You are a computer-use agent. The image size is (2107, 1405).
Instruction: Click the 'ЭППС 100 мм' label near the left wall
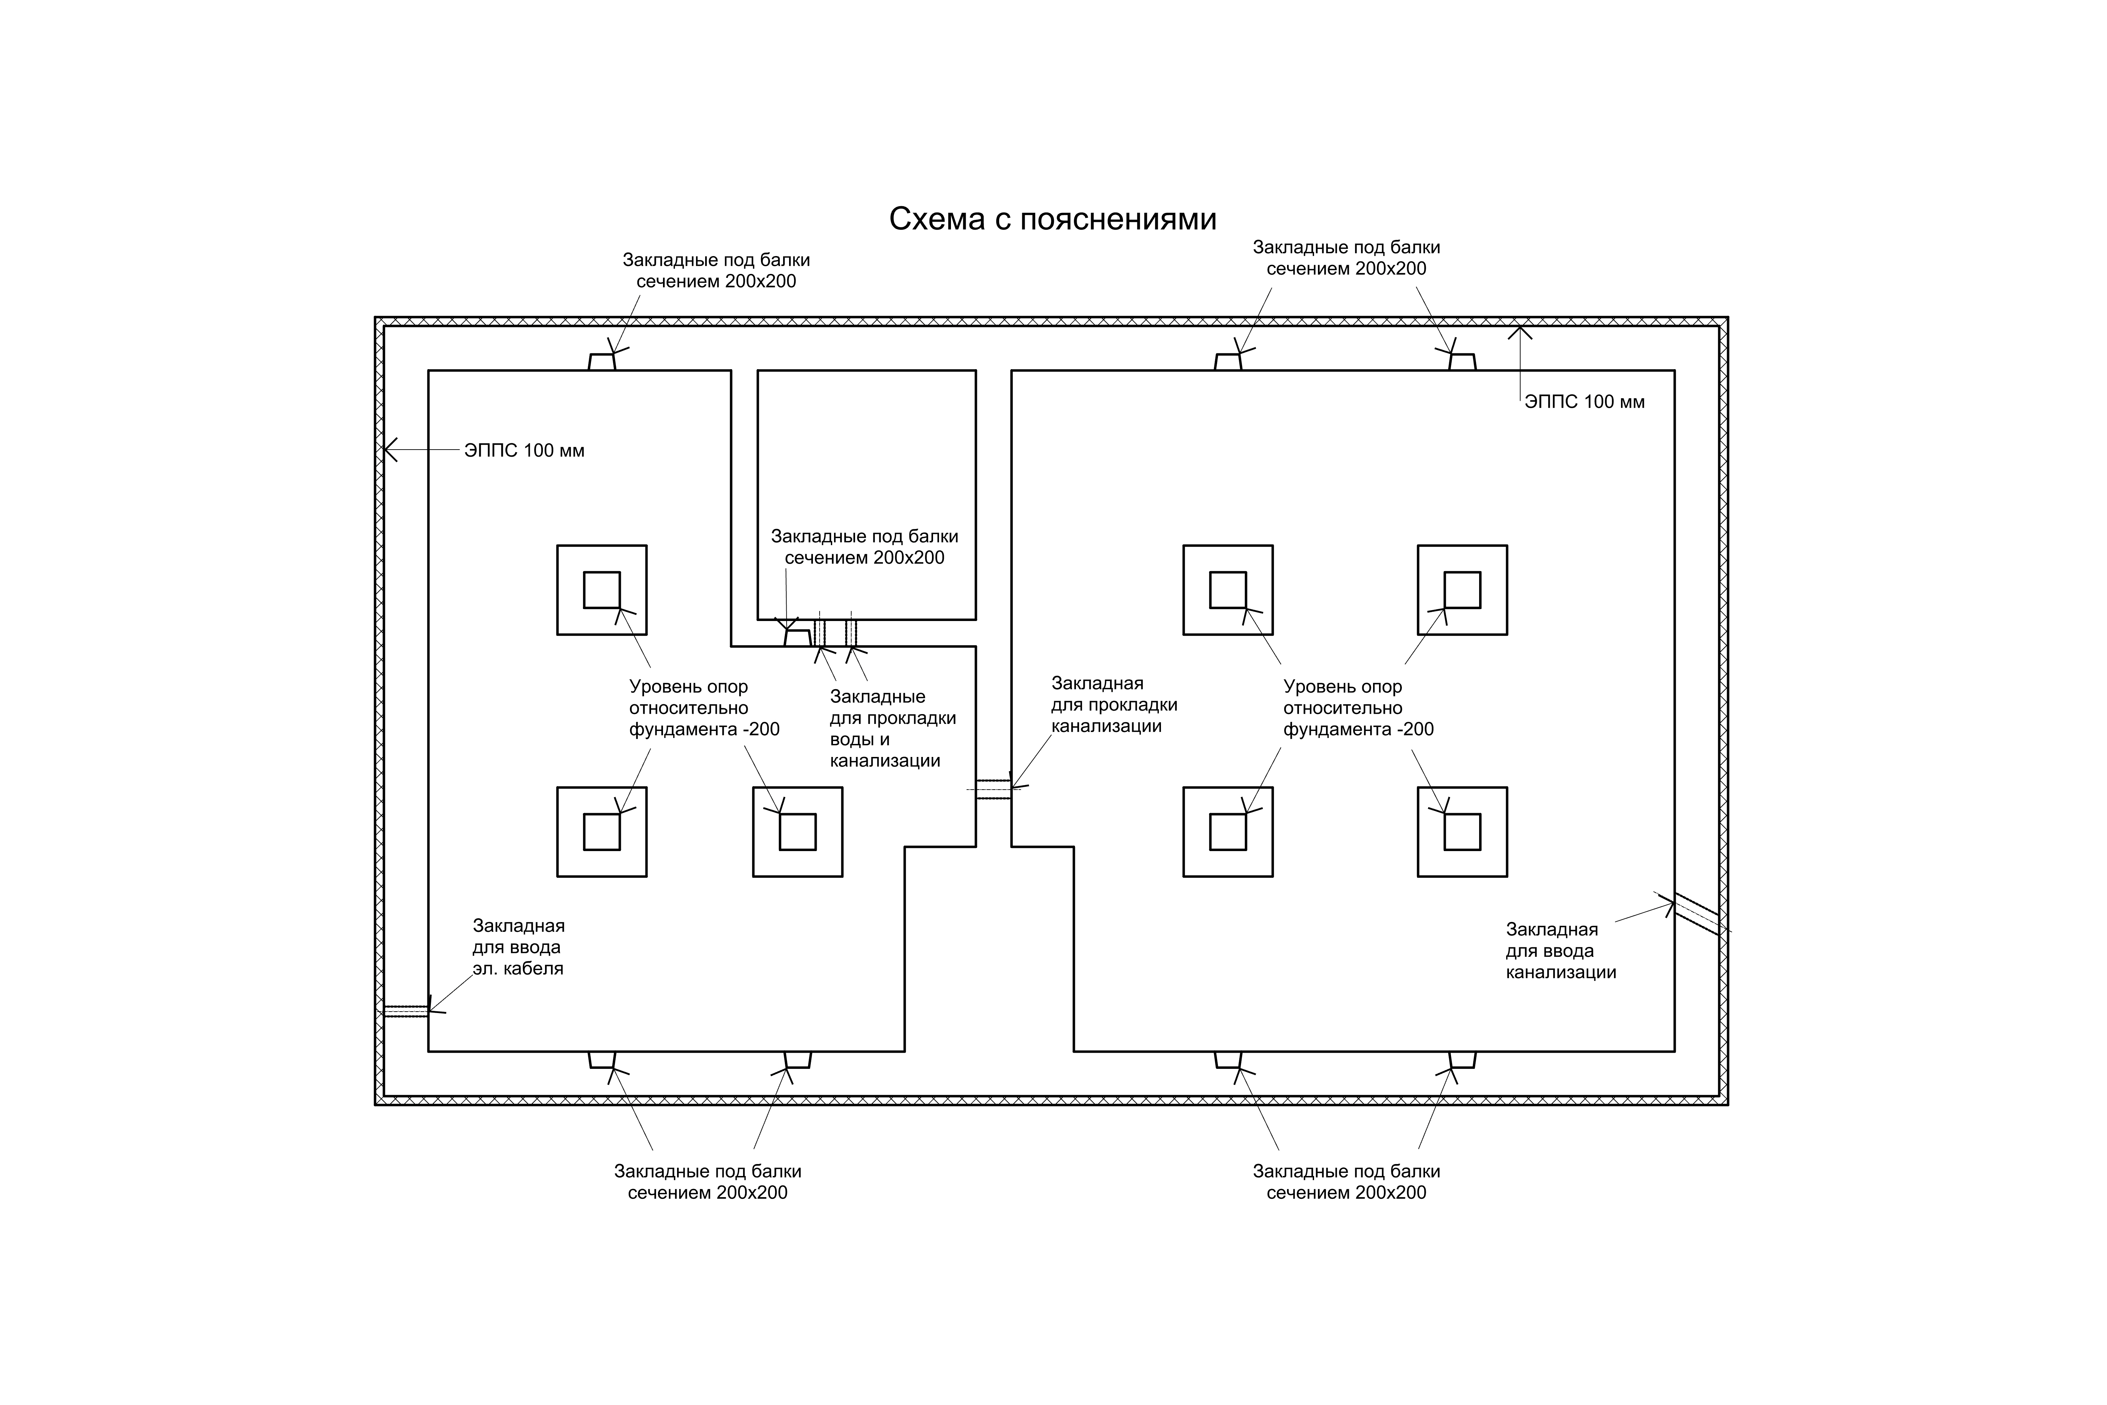coord(524,451)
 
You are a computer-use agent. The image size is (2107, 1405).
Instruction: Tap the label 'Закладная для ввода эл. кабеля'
coord(519,947)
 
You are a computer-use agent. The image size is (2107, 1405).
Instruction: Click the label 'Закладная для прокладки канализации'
coord(1114,705)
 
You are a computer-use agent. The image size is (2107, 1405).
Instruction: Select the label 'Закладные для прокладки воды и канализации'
coord(892,728)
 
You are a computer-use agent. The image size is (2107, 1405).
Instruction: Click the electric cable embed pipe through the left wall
coord(406,1011)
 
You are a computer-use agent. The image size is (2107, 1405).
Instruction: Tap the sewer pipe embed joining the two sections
coord(993,789)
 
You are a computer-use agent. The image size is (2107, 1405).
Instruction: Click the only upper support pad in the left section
coord(602,590)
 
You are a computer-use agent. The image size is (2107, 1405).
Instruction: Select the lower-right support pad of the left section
coord(797,831)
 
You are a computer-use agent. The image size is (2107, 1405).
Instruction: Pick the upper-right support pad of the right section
coord(1462,590)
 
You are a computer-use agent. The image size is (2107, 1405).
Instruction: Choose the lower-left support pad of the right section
coord(1227,831)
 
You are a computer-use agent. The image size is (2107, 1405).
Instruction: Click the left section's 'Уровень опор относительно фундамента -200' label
coord(704,708)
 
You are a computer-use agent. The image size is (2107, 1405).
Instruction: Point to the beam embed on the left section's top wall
coord(602,362)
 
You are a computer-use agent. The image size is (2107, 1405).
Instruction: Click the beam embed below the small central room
coord(797,637)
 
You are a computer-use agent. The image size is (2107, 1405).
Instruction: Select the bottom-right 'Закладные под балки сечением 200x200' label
coord(1346,1182)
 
